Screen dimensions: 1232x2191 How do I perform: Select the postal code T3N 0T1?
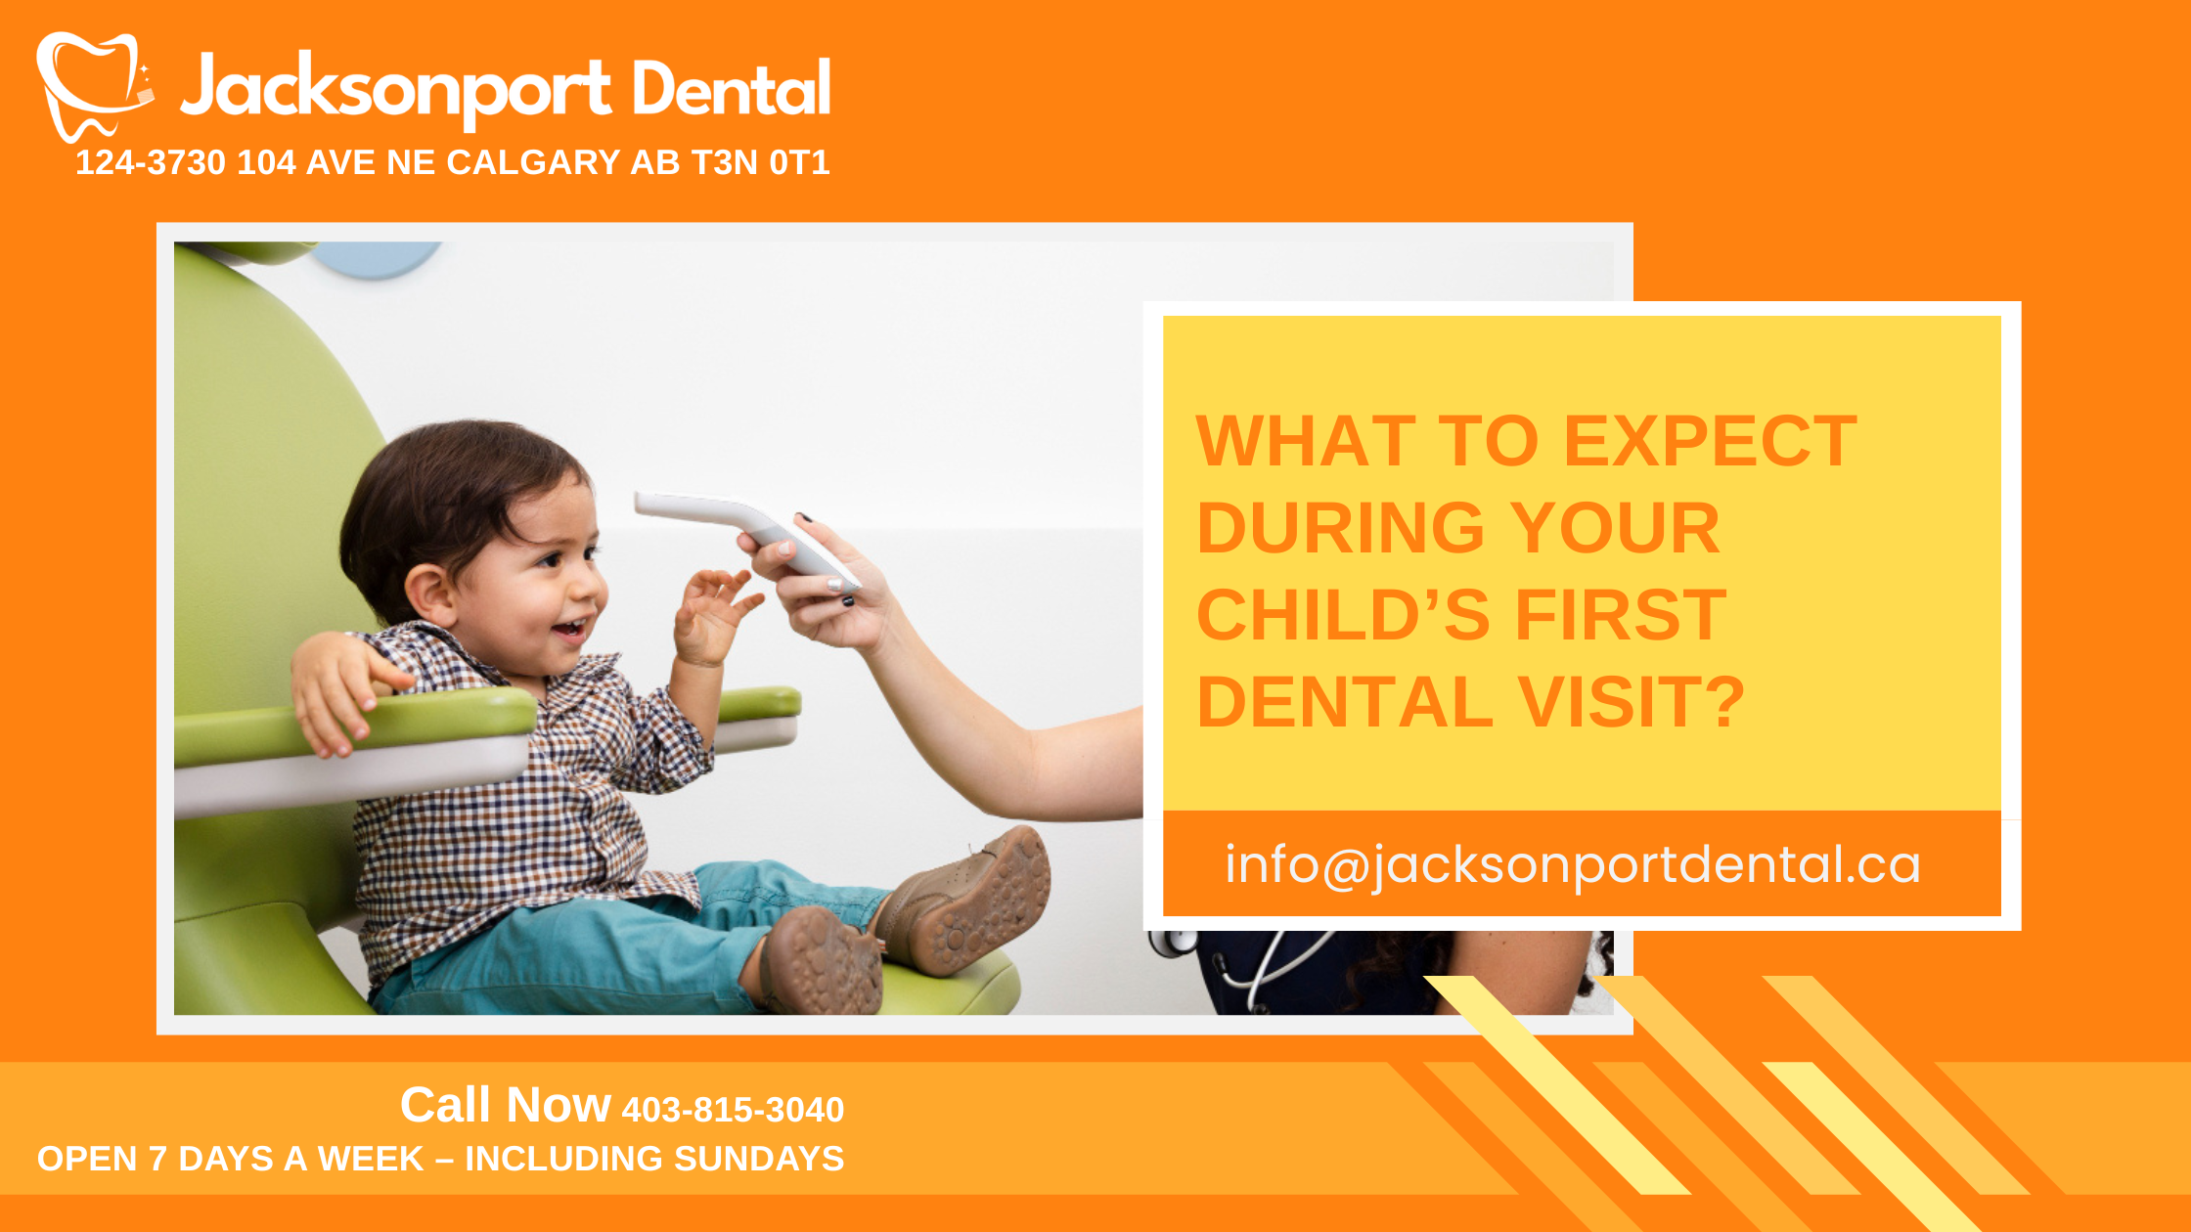[x=760, y=162]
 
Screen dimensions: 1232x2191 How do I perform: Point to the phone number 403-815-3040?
[x=733, y=1110]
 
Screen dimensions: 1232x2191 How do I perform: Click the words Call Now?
[x=505, y=1106]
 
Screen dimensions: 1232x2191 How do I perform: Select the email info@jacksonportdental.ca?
[x=1573, y=865]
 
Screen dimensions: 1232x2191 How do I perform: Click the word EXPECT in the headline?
[x=1710, y=442]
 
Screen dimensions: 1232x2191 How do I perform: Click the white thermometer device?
[x=743, y=528]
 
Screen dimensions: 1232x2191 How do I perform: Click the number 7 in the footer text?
[x=157, y=1159]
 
